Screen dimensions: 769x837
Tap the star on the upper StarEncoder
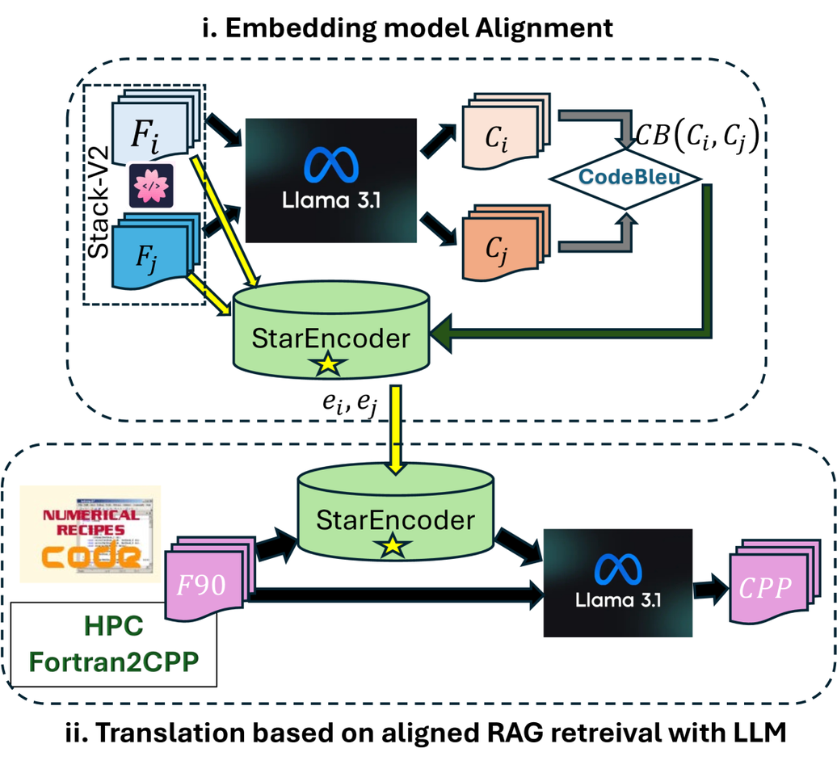click(327, 365)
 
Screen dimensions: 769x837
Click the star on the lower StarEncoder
click(392, 547)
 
